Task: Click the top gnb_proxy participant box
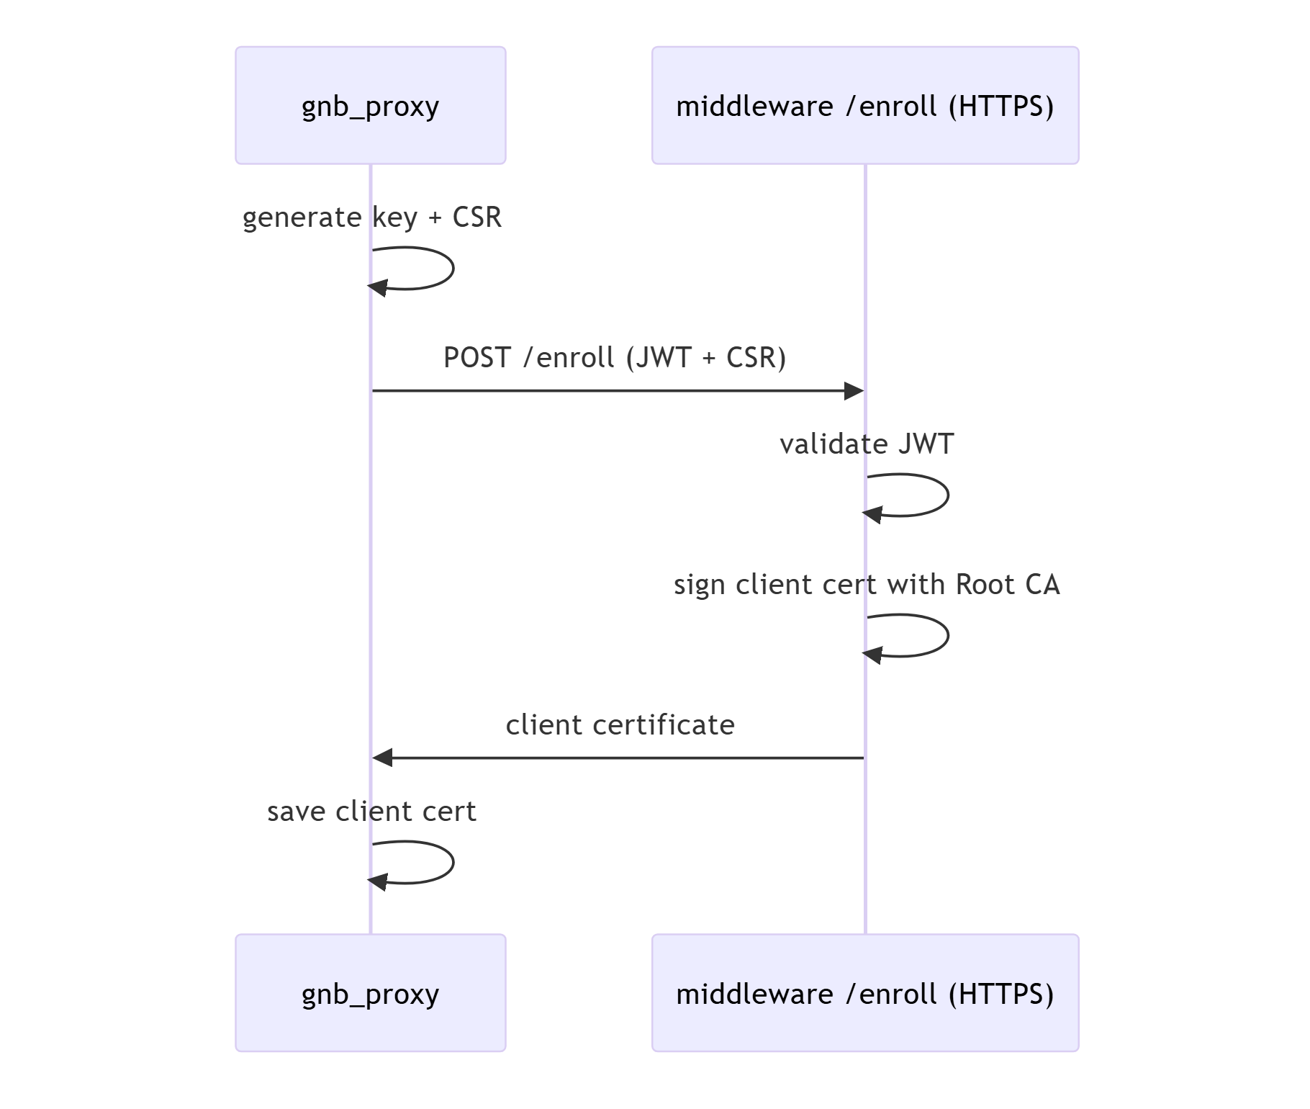click(371, 105)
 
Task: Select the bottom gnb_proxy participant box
click(371, 993)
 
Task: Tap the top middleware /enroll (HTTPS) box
click(865, 105)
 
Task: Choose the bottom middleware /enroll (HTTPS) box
click(865, 993)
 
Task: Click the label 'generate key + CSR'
click(371, 217)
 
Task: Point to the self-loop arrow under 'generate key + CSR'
click(453, 268)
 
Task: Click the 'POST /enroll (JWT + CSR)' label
click(615, 357)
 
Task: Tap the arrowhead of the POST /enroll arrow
click(854, 391)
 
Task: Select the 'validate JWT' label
click(867, 444)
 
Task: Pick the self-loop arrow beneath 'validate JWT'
click(948, 495)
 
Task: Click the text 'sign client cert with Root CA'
click(867, 584)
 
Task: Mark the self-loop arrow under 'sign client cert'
click(948, 636)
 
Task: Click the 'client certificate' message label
click(620, 724)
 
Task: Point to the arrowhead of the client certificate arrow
click(382, 758)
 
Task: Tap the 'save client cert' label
click(371, 811)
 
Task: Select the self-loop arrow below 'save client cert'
click(453, 862)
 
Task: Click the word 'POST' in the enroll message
click(477, 357)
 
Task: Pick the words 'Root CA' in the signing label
click(1008, 584)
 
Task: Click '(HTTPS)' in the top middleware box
click(1001, 106)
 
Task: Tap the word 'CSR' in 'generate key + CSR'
click(476, 217)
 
